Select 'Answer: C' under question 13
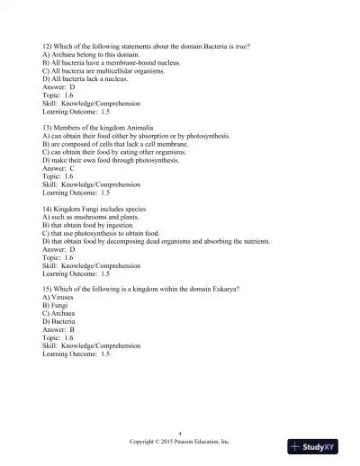[60, 168]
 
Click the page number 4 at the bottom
[180, 433]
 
